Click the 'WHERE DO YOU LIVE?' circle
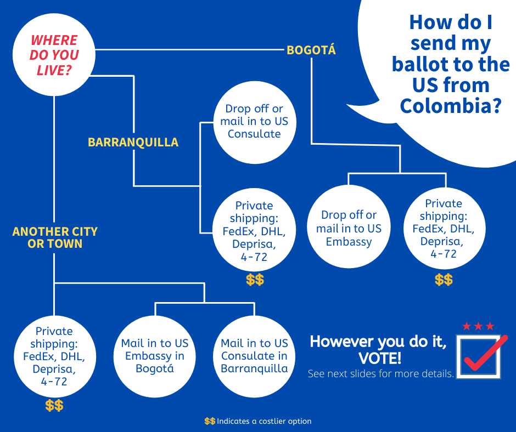(54, 55)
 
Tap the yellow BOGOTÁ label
(311, 50)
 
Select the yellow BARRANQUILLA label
(133, 142)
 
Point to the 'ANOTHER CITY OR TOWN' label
(55, 237)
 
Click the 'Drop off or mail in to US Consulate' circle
(254, 122)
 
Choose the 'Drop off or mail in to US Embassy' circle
(349, 226)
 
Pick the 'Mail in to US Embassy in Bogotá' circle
(155, 356)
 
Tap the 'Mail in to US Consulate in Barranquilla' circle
(254, 356)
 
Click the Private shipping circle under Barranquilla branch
(254, 230)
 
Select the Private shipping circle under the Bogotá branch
(444, 228)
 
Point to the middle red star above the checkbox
(478, 326)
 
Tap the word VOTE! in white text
(380, 359)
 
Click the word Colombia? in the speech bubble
(451, 106)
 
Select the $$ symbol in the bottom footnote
(210, 421)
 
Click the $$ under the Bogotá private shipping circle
(444, 280)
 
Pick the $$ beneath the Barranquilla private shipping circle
(255, 280)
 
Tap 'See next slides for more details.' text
(381, 373)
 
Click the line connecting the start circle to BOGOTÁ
(189, 50)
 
